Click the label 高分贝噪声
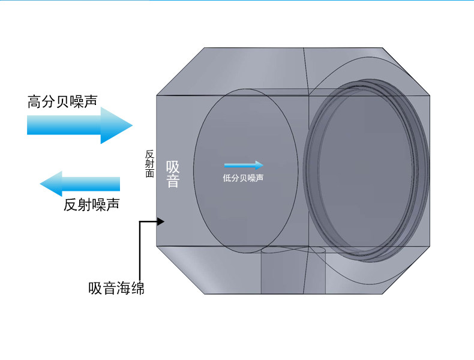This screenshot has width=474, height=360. pyautogui.click(x=63, y=101)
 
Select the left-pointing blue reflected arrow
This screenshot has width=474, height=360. pyautogui.click(x=80, y=184)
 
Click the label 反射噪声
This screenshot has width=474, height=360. pyautogui.click(x=91, y=205)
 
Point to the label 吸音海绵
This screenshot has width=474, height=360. pyautogui.click(x=116, y=288)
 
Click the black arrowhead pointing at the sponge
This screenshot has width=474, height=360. pyautogui.click(x=160, y=221)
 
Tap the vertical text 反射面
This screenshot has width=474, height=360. pyautogui.click(x=149, y=163)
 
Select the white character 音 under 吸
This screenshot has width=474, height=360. pyautogui.click(x=173, y=181)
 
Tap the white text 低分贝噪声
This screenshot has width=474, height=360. pyautogui.click(x=243, y=178)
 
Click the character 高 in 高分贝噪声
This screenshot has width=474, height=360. pyautogui.click(x=34, y=101)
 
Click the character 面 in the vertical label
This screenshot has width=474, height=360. pyautogui.click(x=149, y=173)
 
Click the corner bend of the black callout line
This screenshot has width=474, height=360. pyautogui.click(x=140, y=221)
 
